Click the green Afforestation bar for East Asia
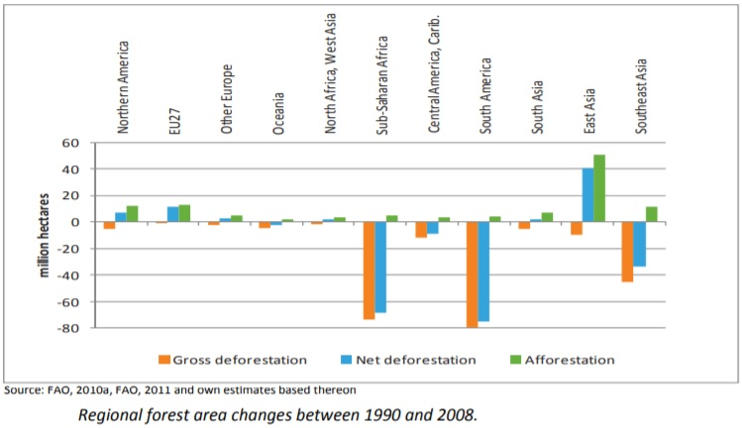pyautogui.click(x=599, y=188)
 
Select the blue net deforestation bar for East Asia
pyautogui.click(x=587, y=195)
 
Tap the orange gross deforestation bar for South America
pyautogui.click(x=472, y=274)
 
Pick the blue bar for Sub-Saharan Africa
pyautogui.click(x=380, y=267)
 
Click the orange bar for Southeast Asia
pyautogui.click(x=627, y=252)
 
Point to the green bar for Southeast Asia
pyautogui.click(x=652, y=214)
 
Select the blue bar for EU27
pyautogui.click(x=173, y=214)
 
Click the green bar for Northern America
pyautogui.click(x=133, y=214)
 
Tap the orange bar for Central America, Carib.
pyautogui.click(x=421, y=230)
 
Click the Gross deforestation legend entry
pyautogui.click(x=233, y=360)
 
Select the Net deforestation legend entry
pyautogui.click(x=408, y=360)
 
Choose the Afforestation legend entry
pyautogui.click(x=563, y=360)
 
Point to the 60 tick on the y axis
pyautogui.click(x=69, y=143)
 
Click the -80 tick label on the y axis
pyautogui.click(x=67, y=328)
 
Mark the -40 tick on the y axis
pyautogui.click(x=67, y=275)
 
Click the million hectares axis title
pyautogui.click(x=44, y=236)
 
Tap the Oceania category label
pyautogui.click(x=278, y=113)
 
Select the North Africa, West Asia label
pyautogui.click(x=330, y=73)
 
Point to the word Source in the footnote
pyautogui.click(x=23, y=390)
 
